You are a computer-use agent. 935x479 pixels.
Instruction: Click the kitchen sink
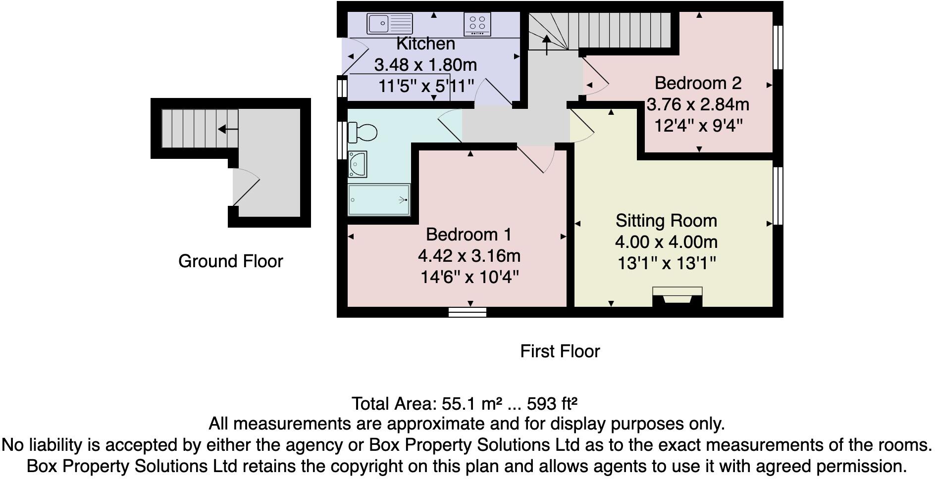[389, 23]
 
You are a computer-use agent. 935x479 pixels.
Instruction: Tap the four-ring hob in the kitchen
[477, 24]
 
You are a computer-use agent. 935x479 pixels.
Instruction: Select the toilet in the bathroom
[363, 132]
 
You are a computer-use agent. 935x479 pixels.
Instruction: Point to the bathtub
[379, 200]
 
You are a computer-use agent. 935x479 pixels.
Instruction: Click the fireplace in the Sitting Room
[677, 297]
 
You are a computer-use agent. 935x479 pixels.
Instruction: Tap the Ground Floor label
[230, 261]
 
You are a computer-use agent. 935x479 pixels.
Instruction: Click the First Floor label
[560, 351]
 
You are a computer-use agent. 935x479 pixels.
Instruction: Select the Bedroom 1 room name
[468, 234]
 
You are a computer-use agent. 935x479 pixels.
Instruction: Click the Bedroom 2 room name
[698, 83]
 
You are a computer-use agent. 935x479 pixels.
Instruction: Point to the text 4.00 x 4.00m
[666, 242]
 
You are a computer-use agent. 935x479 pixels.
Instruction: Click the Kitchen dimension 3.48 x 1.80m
[425, 65]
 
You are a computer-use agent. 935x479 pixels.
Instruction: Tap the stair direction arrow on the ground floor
[227, 129]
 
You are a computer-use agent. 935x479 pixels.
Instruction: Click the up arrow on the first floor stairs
[547, 45]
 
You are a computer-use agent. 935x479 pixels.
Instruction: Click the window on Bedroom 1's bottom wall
[467, 312]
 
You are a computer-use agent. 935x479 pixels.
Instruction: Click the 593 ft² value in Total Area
[552, 404]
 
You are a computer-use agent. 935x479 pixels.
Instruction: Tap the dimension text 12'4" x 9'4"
[698, 126]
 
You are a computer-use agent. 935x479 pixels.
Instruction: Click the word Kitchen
[425, 44]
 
